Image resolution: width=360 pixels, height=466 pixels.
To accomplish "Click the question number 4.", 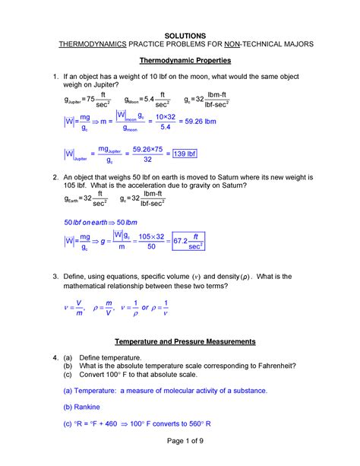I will click(x=45, y=357).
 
